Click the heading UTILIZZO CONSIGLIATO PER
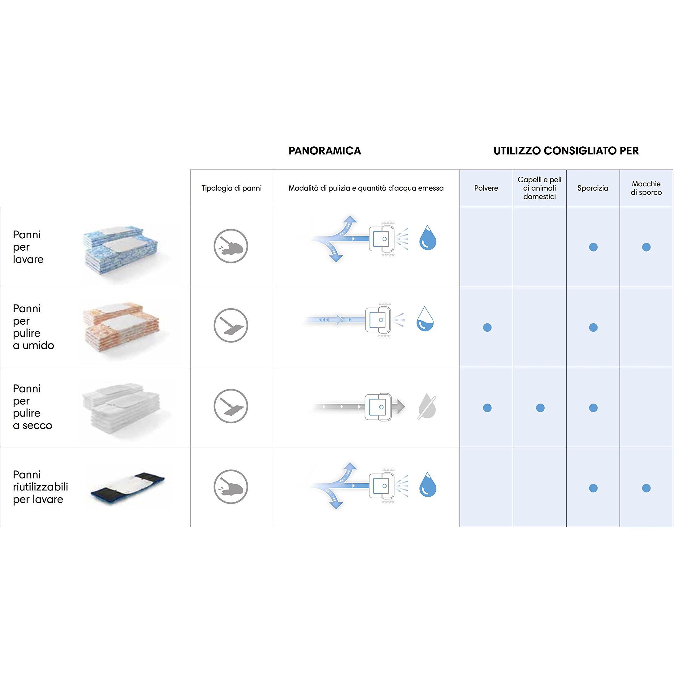(566, 151)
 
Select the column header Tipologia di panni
(231, 188)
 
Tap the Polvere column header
(486, 188)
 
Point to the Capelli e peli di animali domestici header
(539, 188)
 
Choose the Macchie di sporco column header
(646, 188)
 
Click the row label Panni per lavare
(28, 247)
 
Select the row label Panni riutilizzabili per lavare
(40, 487)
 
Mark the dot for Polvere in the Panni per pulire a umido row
(487, 327)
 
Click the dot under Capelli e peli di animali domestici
(540, 408)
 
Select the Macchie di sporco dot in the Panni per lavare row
(646, 247)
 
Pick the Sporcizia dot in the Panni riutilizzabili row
(593, 488)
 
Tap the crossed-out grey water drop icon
(427, 406)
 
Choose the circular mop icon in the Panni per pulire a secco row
(231, 406)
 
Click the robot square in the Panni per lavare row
(381, 239)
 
